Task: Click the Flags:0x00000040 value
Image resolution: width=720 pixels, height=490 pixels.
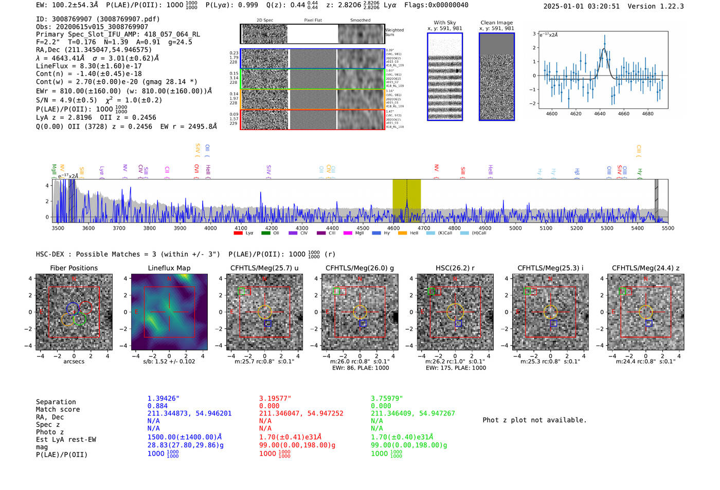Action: [436, 5]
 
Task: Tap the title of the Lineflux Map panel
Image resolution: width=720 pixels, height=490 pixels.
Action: [169, 268]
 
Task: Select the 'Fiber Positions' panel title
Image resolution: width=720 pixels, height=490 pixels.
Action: [74, 268]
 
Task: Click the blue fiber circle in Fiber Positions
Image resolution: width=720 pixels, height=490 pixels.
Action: [73, 308]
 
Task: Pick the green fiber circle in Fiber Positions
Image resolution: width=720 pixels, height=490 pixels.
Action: [79, 319]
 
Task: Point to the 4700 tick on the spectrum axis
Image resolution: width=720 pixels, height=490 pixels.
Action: [424, 228]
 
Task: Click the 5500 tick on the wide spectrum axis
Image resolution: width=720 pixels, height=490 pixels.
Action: [668, 228]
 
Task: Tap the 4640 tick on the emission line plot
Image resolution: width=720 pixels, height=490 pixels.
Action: [600, 114]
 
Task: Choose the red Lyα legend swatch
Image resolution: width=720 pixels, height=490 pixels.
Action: [238, 233]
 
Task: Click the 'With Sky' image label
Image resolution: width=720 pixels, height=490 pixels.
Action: [444, 23]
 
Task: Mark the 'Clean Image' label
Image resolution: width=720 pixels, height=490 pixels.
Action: [496, 23]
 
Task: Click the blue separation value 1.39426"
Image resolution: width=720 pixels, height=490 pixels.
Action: [164, 398]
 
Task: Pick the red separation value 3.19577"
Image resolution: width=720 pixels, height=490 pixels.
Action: [275, 398]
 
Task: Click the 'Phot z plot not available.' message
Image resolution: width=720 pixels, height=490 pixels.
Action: [534, 420]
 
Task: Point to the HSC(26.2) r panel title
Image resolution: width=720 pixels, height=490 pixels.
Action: [455, 268]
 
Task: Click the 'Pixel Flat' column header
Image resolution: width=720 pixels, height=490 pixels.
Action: [313, 21]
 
